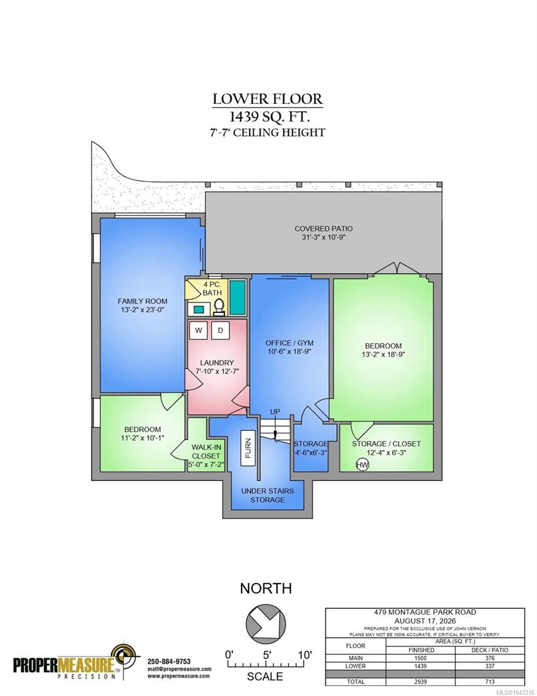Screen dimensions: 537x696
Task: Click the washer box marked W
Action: (199, 330)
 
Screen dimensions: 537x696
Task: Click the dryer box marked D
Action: (220, 330)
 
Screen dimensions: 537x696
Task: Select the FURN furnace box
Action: (248, 448)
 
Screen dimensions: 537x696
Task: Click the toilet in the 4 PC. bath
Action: (219, 307)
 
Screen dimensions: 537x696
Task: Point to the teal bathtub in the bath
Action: (238, 298)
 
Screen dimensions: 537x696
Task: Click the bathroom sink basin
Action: (199, 309)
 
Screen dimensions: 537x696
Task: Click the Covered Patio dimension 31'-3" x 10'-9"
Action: (324, 237)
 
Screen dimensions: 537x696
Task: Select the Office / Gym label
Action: (290, 343)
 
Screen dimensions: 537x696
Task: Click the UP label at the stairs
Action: (275, 412)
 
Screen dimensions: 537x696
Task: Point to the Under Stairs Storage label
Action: (268, 495)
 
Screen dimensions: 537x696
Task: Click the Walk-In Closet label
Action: (206, 451)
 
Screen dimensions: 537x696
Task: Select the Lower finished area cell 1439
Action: (420, 666)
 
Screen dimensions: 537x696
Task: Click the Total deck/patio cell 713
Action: (489, 681)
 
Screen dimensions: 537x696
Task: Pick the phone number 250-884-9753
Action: (169, 661)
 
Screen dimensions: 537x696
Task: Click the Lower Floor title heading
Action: (268, 99)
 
